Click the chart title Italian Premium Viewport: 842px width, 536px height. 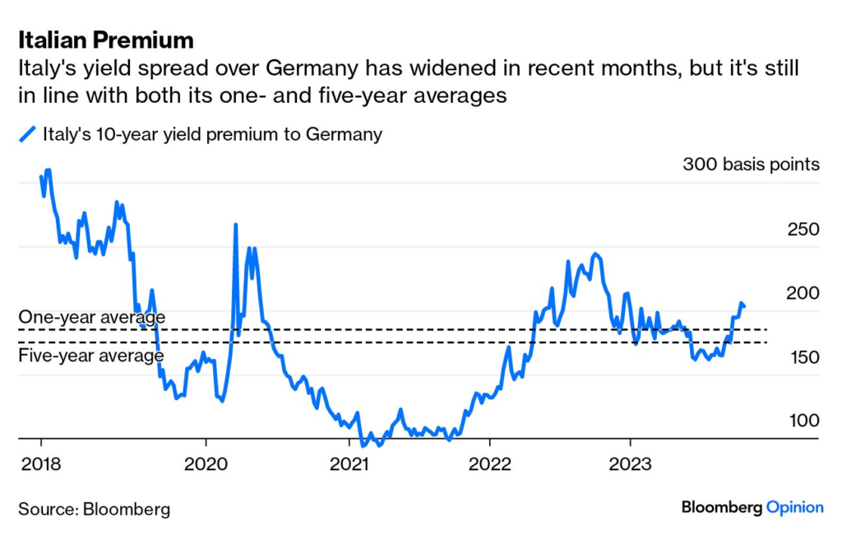point(106,40)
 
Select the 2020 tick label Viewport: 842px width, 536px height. point(206,464)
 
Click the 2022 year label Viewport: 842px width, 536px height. point(489,464)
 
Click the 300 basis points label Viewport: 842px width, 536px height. point(751,164)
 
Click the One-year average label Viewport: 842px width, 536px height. point(91,317)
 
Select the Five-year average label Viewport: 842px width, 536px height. point(90,356)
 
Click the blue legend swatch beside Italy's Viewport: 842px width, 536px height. point(27,134)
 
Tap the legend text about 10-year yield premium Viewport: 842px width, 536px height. point(212,134)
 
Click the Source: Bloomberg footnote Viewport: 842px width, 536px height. point(94,509)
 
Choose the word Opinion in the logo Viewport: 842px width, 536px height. point(794,507)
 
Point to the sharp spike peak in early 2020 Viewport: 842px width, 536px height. point(236,225)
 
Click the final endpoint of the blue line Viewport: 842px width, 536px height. point(744,307)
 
